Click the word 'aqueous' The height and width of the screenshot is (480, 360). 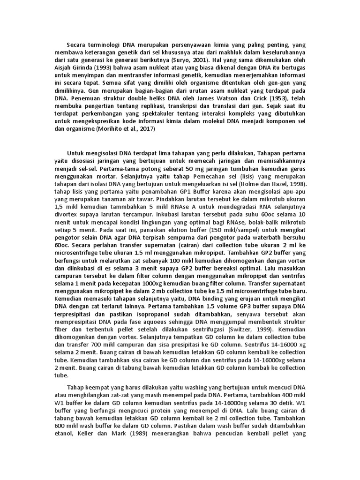pyautogui.click(x=164, y=323)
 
